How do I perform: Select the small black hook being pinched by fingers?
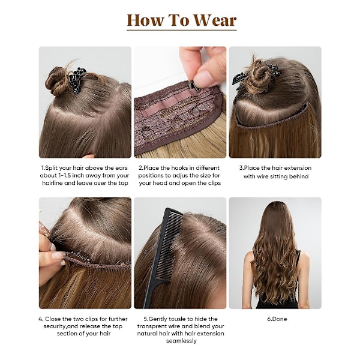pos(192,86)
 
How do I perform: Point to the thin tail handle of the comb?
pos(150,295)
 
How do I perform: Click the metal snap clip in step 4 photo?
pos(79,256)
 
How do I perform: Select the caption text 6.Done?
pos(277,319)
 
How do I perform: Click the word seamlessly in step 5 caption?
pos(181,341)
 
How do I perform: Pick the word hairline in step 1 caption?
pos(52,183)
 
